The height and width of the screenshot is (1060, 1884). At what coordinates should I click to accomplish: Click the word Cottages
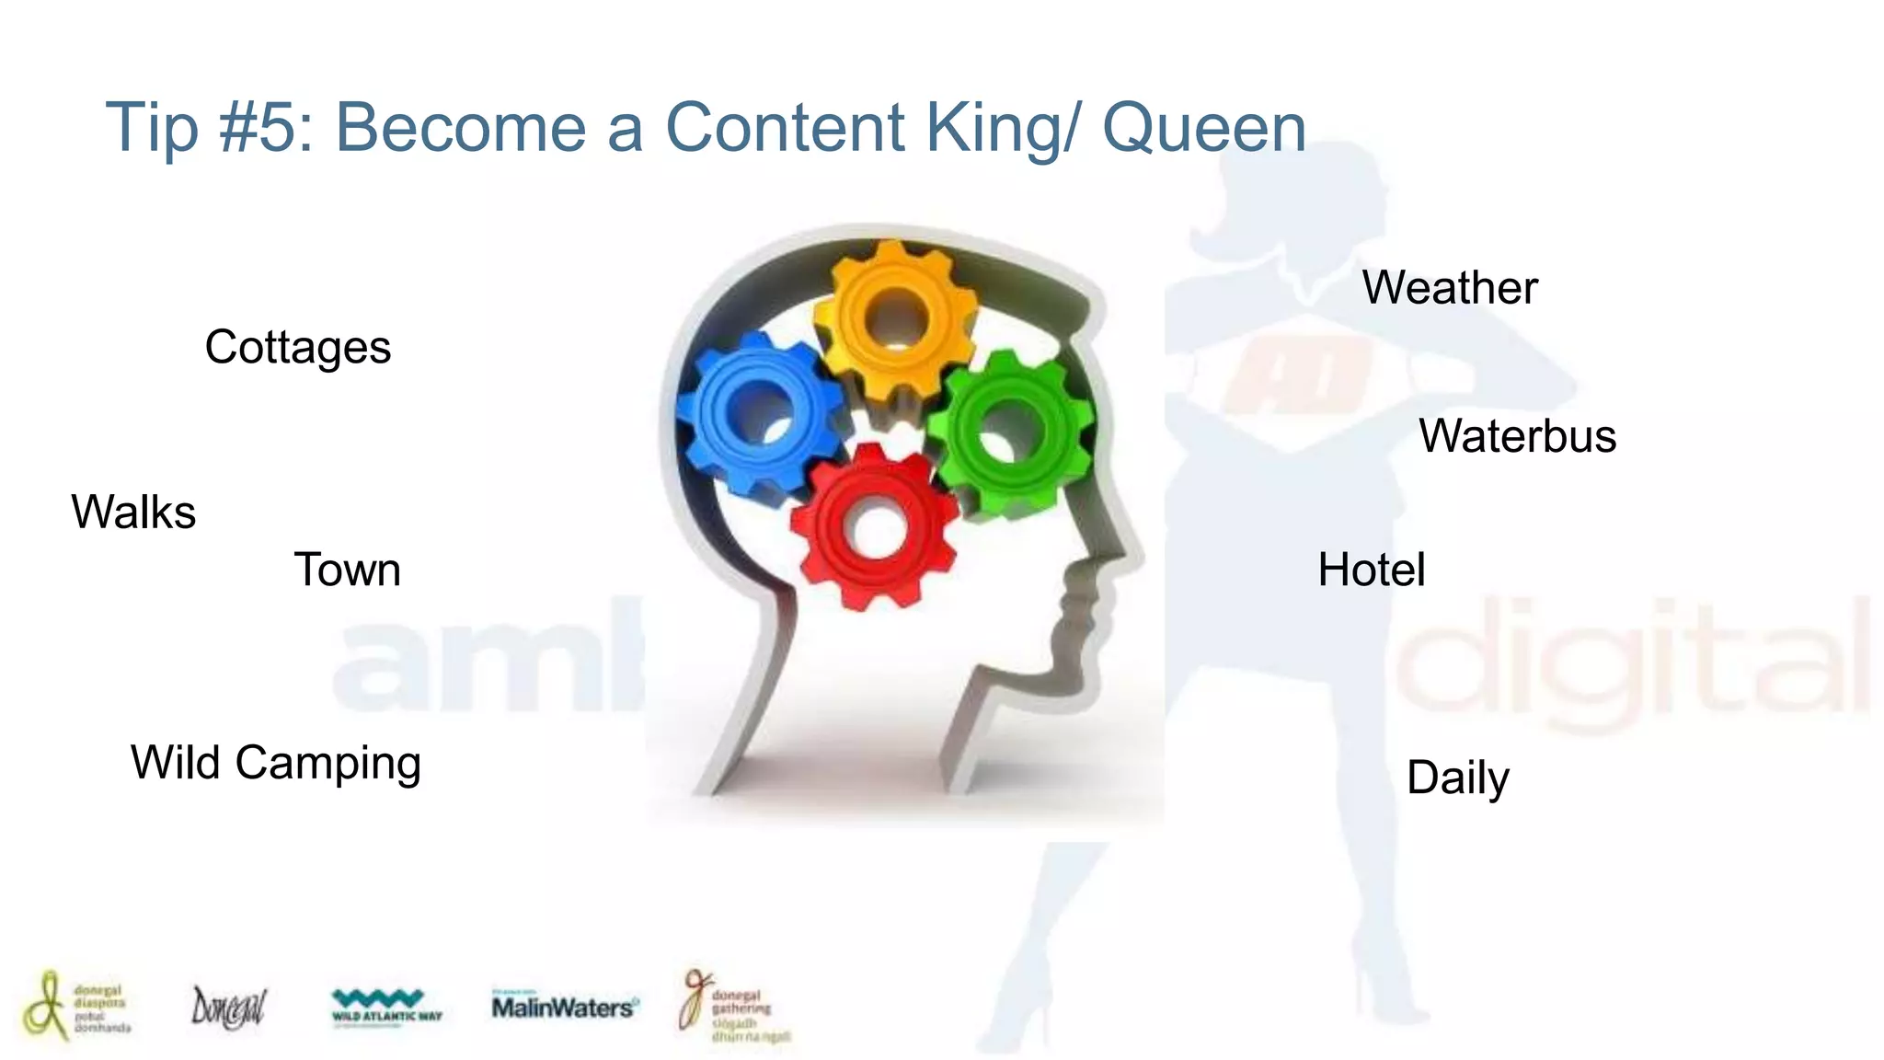(x=297, y=348)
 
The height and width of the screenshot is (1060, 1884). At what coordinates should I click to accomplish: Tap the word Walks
(x=133, y=513)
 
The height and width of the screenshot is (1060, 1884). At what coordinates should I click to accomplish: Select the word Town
(x=347, y=570)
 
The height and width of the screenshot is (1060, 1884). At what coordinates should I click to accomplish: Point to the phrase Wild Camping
(x=276, y=763)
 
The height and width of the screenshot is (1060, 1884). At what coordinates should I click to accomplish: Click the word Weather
(x=1450, y=288)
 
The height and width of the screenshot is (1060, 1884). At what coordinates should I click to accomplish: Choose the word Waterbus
(x=1517, y=436)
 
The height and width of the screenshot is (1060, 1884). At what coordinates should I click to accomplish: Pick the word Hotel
(x=1372, y=570)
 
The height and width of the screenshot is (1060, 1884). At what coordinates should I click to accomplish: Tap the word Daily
(x=1458, y=778)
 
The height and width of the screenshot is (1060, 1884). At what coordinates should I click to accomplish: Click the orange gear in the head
(x=894, y=317)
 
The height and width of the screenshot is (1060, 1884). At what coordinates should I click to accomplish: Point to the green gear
(x=1012, y=432)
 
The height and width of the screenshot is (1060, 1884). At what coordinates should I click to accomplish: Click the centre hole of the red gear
(x=876, y=529)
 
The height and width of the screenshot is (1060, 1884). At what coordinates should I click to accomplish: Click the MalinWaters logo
(x=563, y=1007)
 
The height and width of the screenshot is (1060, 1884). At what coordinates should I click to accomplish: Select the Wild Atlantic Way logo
(x=386, y=1007)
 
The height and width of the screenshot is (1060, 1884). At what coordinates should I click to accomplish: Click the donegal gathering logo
(x=734, y=1008)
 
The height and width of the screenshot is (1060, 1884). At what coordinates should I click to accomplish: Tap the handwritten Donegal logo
(x=228, y=1008)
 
